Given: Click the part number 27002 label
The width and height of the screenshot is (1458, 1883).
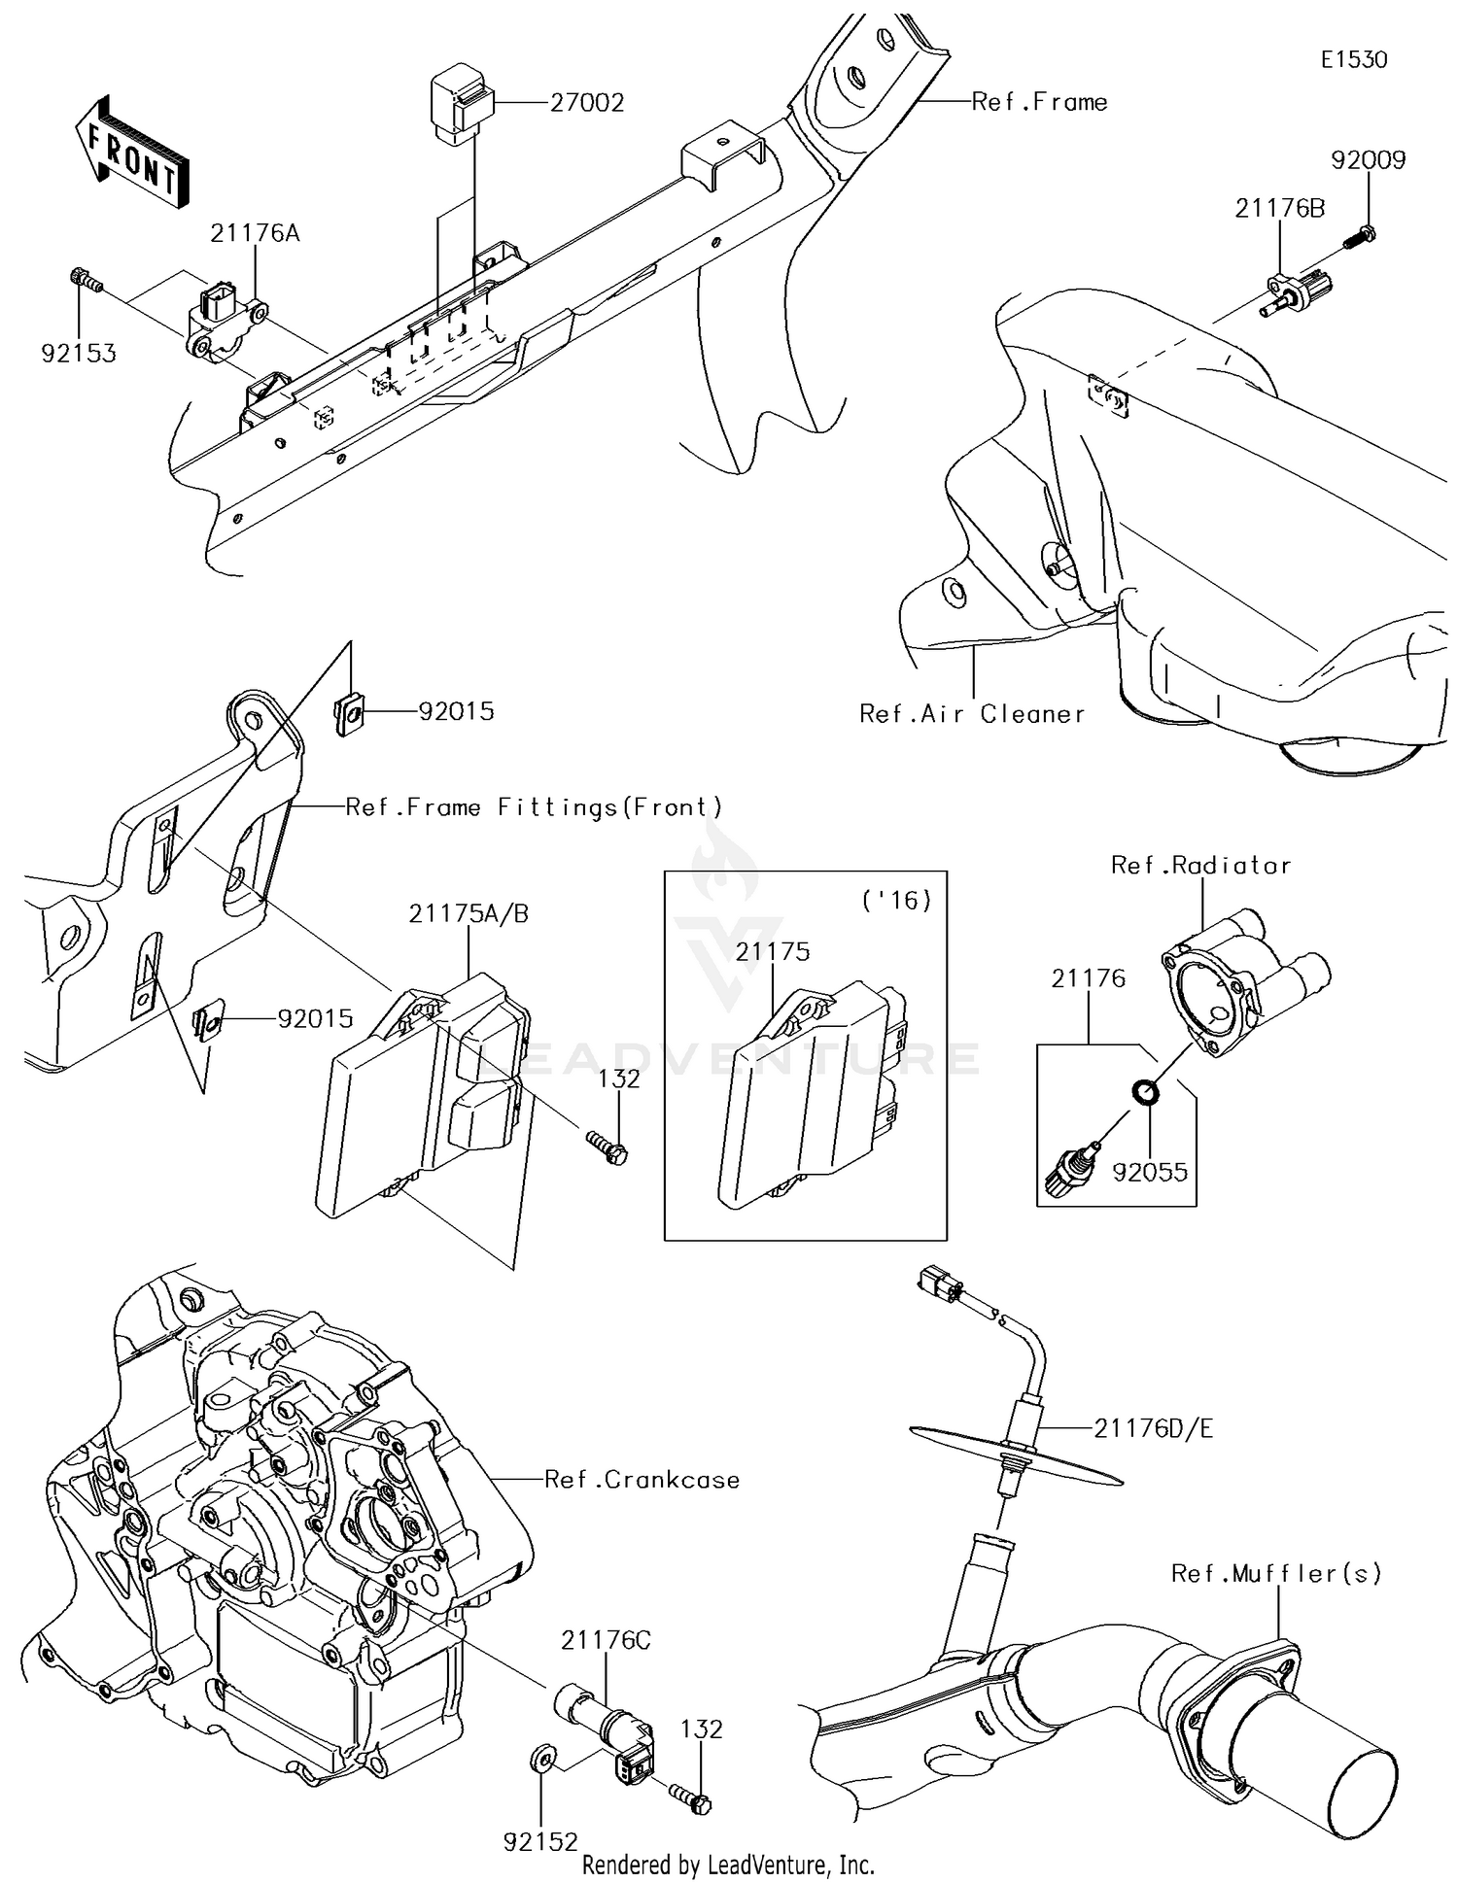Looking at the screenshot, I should [586, 102].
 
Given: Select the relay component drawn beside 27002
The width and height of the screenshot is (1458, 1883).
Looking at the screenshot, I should [461, 104].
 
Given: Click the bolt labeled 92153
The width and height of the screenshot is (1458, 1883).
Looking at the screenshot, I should [87, 281].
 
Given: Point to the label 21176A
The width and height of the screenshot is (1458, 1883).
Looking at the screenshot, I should [255, 233].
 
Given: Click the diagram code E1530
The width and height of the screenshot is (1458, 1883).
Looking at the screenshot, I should [1354, 59].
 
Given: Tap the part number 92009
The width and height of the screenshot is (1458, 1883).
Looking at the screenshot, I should [1368, 160].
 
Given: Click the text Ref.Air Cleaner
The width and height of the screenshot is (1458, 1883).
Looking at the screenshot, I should [971, 714].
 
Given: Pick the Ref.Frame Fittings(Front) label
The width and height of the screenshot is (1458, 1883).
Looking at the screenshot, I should [535, 807].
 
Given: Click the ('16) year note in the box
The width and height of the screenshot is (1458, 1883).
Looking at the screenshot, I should [896, 901].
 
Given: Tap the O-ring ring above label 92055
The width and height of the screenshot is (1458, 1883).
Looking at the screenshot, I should [1147, 1092].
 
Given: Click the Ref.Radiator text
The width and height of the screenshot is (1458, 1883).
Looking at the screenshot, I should [1200, 866].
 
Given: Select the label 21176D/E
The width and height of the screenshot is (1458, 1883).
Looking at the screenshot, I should [1153, 1428].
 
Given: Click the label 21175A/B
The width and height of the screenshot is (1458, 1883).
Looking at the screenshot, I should [469, 914].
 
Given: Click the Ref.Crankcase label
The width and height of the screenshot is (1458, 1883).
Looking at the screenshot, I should [642, 1480].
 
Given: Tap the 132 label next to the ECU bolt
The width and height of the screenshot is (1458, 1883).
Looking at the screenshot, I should [618, 1079].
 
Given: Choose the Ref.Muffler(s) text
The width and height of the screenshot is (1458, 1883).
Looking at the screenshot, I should [1275, 1573].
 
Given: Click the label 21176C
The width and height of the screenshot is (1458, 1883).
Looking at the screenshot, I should [606, 1641].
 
